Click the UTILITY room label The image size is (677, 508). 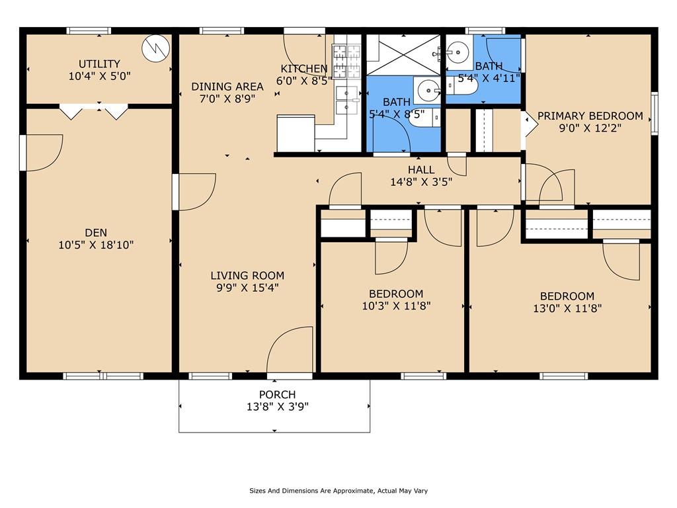[x=99, y=63]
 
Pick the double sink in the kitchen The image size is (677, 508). [x=346, y=100]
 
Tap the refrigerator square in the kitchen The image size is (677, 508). [x=296, y=134]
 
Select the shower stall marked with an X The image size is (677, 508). [x=403, y=54]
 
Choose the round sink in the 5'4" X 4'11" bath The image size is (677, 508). [x=457, y=51]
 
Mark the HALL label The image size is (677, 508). [x=421, y=170]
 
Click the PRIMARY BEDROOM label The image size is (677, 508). [x=590, y=116]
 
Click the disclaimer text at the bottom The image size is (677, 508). [x=338, y=491]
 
